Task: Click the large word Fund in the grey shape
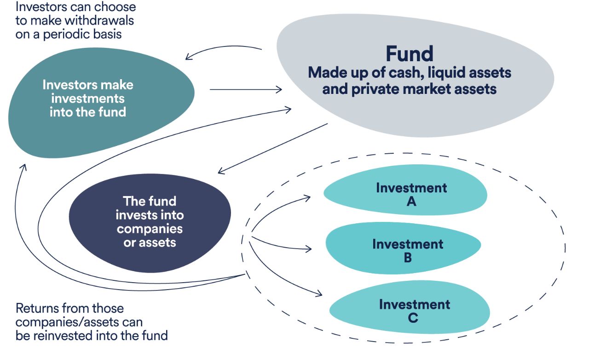point(410,54)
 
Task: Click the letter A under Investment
point(411,201)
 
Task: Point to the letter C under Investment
point(413,318)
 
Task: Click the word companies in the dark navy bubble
point(150,228)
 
